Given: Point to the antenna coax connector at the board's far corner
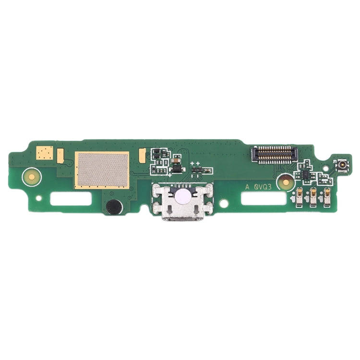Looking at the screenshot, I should coord(343,166).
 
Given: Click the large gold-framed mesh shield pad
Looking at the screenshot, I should coord(102,170).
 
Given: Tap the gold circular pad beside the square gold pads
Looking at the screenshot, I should coord(32,177).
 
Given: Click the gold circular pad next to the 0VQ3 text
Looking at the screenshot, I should coord(285,182).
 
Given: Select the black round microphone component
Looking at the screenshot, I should coord(114,207).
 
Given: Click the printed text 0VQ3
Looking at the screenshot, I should coord(264,188).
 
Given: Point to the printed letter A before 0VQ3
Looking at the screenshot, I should coord(248,188).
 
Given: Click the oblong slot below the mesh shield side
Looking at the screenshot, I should coord(71,198).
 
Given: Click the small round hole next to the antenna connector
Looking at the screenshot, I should coord(327,169).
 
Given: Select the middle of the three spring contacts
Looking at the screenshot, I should coord(313,197).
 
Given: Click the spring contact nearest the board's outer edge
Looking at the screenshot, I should coord(328,197).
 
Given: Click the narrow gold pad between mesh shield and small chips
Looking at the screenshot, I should coord(142,155).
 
